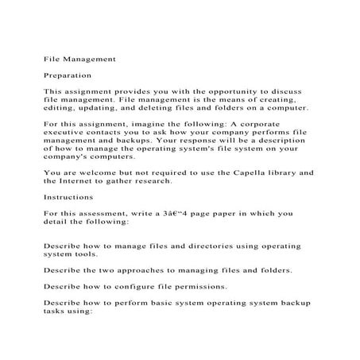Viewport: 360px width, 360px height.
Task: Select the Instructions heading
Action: click(68, 196)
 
